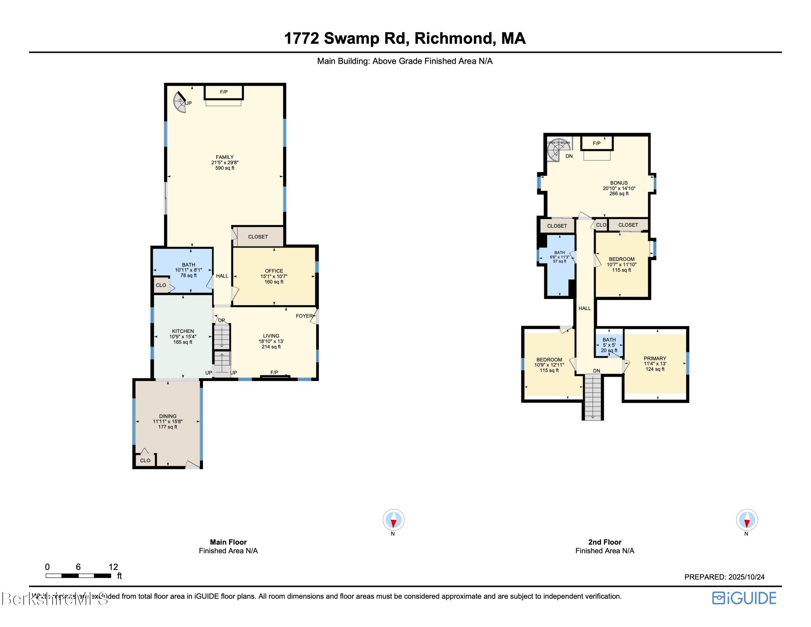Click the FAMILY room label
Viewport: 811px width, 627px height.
click(225, 157)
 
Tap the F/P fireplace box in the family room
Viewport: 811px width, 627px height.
click(224, 92)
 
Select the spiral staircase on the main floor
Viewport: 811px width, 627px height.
click(180, 102)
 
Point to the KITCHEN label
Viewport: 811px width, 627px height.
click(183, 331)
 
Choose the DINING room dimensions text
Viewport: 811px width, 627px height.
click(168, 422)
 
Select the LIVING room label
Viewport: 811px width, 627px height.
click(271, 336)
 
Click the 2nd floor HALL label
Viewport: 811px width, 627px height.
click(584, 308)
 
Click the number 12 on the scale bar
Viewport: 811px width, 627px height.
click(113, 567)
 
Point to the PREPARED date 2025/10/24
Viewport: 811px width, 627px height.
click(746, 577)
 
